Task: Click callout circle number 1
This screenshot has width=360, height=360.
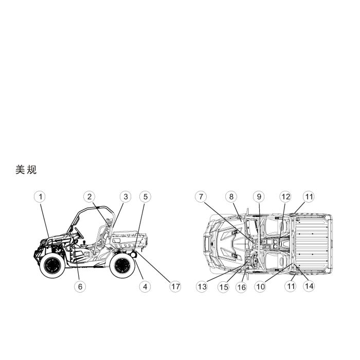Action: coord(40,197)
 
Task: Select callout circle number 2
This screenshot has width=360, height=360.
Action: coord(89,197)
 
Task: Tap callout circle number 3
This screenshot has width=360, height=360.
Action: coord(125,197)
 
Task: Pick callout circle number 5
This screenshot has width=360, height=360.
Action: coord(146,197)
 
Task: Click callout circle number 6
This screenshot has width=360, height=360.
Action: coord(80,286)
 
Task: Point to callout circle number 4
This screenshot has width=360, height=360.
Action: coord(145,286)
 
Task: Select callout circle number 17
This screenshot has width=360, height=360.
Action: coord(175,286)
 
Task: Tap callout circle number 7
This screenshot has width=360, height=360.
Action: coord(201,197)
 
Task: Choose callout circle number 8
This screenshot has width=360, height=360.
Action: coord(231,197)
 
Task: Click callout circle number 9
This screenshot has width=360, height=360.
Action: coord(259,197)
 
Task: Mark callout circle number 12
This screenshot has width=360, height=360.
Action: coord(285,197)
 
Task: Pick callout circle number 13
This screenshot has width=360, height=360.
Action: coord(202,287)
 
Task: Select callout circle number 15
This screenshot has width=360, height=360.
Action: coord(224,287)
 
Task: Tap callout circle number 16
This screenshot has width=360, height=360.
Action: coord(241,287)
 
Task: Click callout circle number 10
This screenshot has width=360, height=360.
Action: coord(260,286)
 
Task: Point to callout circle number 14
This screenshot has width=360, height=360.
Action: coord(309,286)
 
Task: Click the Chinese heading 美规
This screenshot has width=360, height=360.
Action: coord(26,170)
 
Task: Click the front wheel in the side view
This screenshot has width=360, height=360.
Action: coord(52,265)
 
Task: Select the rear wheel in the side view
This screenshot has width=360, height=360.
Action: coord(122,265)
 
